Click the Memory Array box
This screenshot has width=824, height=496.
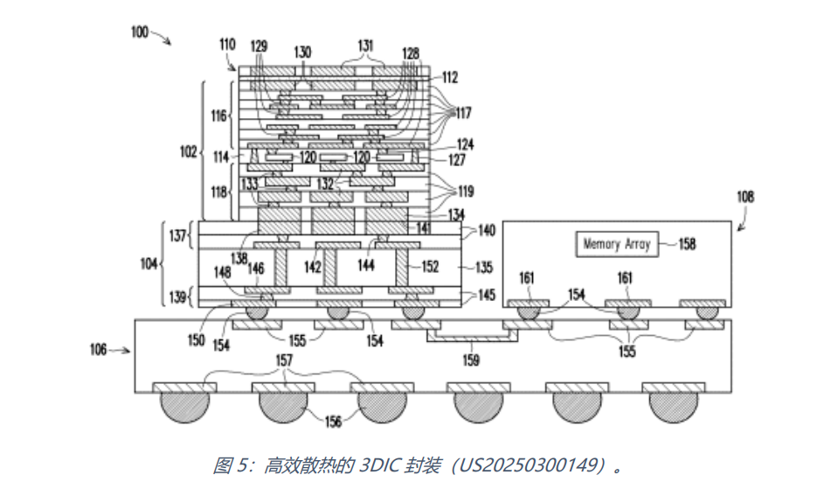[617, 244]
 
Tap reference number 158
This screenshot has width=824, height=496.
[687, 244]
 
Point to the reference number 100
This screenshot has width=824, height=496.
[140, 32]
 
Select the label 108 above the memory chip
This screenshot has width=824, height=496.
[745, 197]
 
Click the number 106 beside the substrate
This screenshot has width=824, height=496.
[98, 349]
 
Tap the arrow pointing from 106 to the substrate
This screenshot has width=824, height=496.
[120, 350]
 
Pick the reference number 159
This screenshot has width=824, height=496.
[471, 360]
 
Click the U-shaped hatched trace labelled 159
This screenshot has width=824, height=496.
[472, 337]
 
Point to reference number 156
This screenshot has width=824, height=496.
[333, 422]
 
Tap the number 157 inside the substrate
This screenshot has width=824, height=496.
[284, 360]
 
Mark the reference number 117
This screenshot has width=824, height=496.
[463, 113]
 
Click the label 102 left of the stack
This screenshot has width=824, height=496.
[188, 151]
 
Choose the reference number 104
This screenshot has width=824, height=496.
[149, 263]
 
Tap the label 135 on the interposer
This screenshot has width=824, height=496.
[483, 267]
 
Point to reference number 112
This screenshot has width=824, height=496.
[450, 78]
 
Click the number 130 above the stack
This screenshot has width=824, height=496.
[302, 52]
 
